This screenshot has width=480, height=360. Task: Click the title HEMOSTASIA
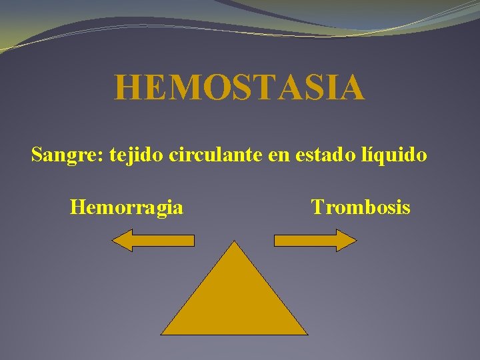point(239,88)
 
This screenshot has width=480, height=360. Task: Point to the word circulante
point(207,155)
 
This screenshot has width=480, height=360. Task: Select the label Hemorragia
point(127,208)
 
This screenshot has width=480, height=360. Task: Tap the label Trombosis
point(361,208)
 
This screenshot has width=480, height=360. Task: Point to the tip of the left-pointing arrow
point(111,240)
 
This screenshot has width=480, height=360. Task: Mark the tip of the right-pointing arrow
point(357,240)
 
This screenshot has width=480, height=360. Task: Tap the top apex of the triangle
point(234,242)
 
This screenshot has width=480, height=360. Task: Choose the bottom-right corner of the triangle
point(307,334)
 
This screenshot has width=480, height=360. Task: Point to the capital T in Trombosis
point(317,208)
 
